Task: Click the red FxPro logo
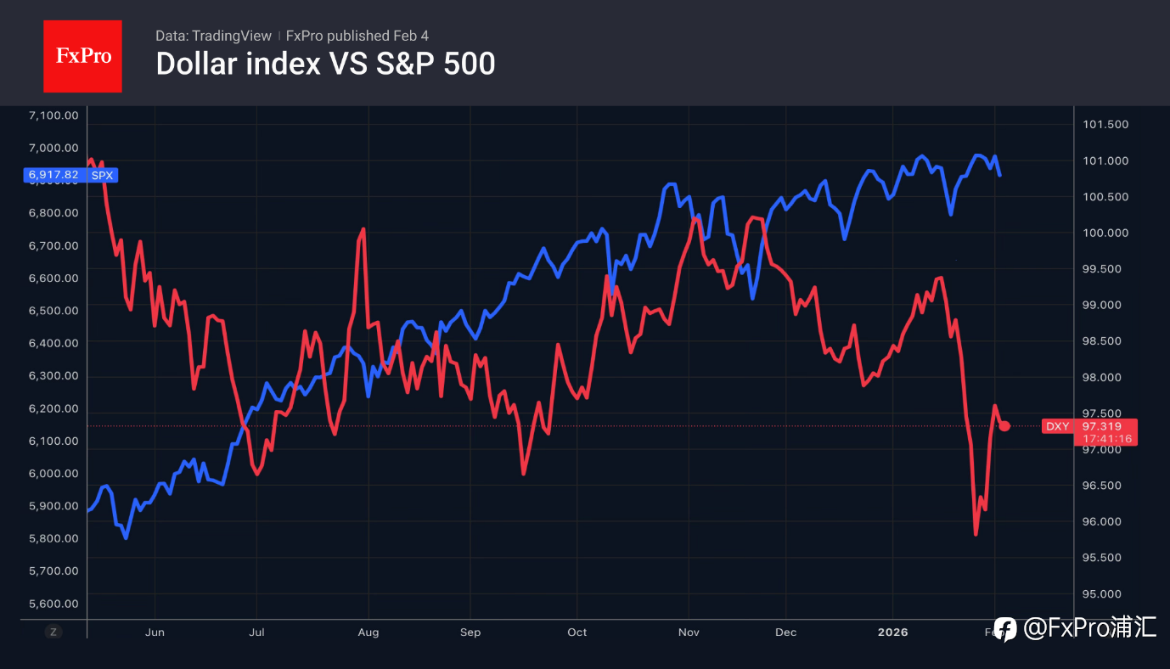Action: point(82,56)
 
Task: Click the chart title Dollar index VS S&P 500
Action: point(325,64)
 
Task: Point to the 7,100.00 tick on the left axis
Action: point(53,115)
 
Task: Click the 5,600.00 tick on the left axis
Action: point(53,604)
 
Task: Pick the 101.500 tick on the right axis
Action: point(1105,125)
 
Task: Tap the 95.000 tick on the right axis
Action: point(1105,593)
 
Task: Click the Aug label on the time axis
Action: point(368,632)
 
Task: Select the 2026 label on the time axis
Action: point(892,632)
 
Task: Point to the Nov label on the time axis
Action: point(689,632)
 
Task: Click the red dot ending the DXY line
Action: point(1004,425)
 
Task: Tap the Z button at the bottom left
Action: point(53,632)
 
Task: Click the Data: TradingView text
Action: point(213,36)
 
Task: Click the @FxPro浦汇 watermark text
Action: point(1090,628)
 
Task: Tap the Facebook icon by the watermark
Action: point(1005,629)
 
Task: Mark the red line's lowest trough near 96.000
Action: point(976,534)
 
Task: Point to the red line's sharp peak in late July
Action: point(363,229)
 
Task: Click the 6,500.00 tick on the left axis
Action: point(53,311)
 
